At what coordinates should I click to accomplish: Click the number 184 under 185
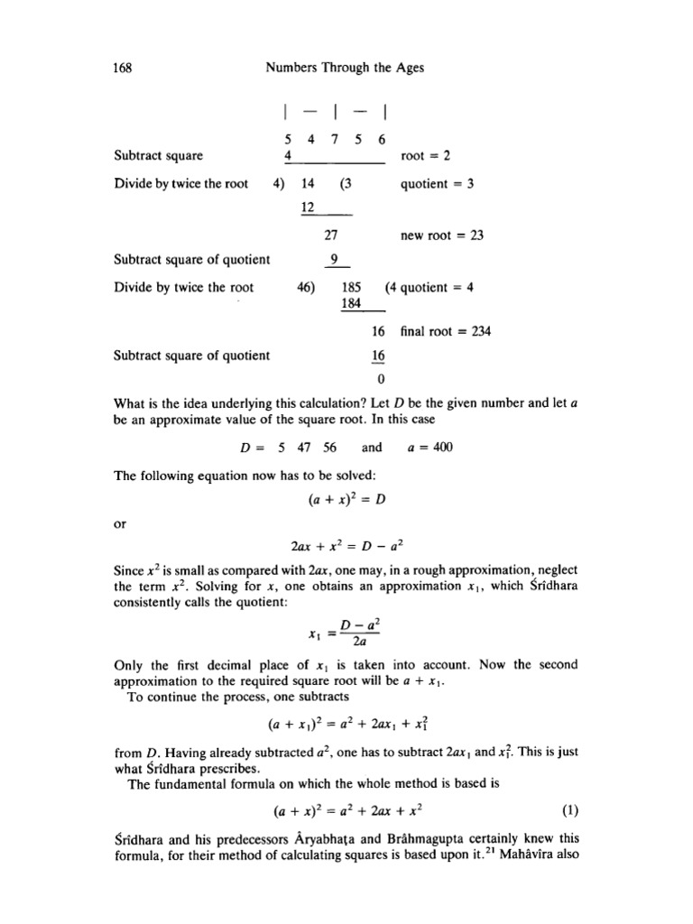click(353, 304)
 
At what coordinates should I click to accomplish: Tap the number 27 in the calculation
click(330, 236)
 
